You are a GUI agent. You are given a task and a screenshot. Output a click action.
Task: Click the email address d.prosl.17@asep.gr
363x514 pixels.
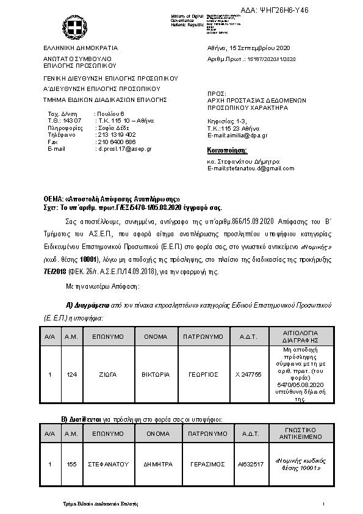(x=125, y=148)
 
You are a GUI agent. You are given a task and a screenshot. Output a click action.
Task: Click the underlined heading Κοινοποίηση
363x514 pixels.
(x=228, y=150)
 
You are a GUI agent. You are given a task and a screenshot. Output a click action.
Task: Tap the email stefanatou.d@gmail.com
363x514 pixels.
(x=242, y=168)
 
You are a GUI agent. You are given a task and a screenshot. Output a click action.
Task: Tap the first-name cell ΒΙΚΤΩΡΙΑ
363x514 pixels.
(x=155, y=374)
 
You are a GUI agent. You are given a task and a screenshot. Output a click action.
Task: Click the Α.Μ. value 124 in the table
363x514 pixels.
(x=71, y=374)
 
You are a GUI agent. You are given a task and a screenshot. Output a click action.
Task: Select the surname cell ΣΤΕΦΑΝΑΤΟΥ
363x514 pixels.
(x=108, y=464)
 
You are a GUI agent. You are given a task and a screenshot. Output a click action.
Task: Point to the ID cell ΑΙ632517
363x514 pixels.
(x=250, y=464)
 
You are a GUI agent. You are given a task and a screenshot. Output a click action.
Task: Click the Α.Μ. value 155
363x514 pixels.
(x=71, y=464)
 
